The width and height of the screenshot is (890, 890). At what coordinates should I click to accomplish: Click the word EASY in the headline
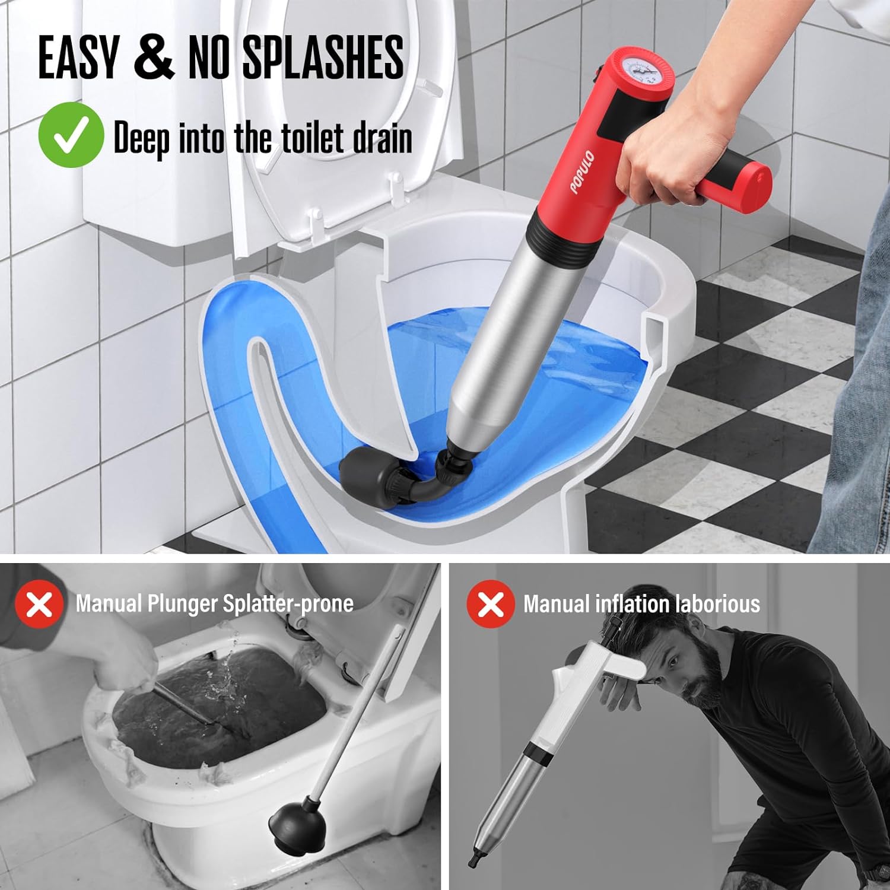[x=78, y=58]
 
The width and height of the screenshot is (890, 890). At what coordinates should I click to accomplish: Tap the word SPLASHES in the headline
[x=323, y=58]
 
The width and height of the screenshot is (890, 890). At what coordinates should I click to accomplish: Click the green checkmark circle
[x=71, y=135]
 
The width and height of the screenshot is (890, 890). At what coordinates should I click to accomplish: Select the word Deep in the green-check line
[x=140, y=138]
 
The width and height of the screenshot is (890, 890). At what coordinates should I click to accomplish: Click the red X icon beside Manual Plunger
[x=39, y=603]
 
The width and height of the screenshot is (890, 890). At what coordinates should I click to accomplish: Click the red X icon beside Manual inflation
[x=490, y=603]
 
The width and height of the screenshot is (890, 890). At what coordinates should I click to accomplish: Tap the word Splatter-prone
[x=288, y=603]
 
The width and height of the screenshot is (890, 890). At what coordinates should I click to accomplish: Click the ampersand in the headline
[x=154, y=58]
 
